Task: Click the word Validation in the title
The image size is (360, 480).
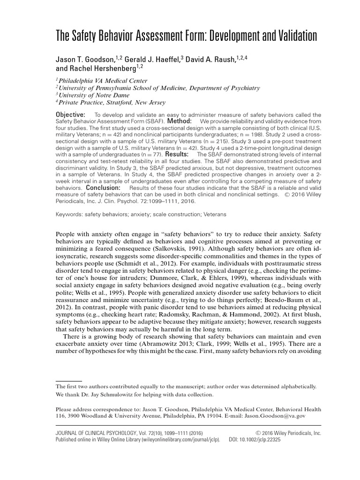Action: pyautogui.click(x=288, y=36)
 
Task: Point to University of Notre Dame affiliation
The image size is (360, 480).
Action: pyautogui.click(x=94, y=95)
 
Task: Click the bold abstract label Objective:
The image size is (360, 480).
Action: pyautogui.click(x=71, y=115)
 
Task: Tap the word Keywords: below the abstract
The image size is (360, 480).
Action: pyautogui.click(x=69, y=214)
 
